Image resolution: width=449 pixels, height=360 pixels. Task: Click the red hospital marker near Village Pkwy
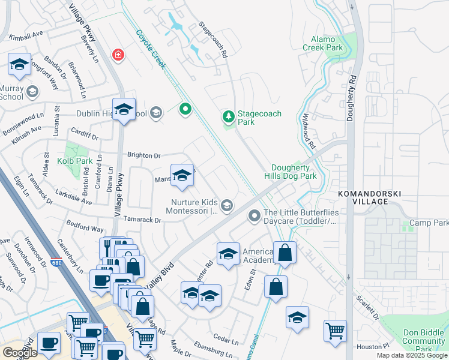click(118, 55)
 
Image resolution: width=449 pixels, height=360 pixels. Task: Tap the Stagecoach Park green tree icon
click(228, 115)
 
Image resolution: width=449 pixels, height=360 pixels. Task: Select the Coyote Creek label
click(150, 50)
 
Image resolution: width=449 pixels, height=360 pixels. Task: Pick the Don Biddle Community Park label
click(423, 341)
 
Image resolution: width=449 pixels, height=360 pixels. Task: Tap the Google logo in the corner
click(20, 353)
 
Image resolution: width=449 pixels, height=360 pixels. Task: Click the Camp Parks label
click(429, 223)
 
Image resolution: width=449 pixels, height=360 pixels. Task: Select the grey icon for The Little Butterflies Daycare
click(255, 215)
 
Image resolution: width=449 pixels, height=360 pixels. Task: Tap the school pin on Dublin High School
click(124, 109)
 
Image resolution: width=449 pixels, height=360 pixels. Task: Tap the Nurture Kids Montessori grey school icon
click(226, 206)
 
